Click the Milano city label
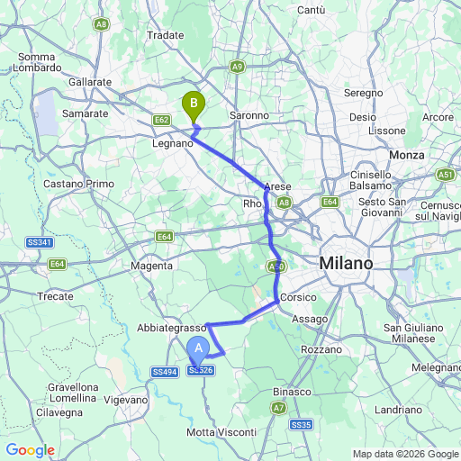[x=345, y=264]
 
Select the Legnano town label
[x=173, y=143]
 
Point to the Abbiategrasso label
[x=172, y=329]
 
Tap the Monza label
[x=406, y=156]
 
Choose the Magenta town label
[x=151, y=266]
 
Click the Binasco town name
[x=292, y=392]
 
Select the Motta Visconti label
[x=220, y=432]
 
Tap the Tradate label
[x=165, y=35]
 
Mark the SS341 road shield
[x=41, y=242]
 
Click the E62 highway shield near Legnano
[x=162, y=120]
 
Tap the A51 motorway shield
[x=445, y=174]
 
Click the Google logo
[x=29, y=450]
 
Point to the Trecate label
[x=55, y=295]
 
